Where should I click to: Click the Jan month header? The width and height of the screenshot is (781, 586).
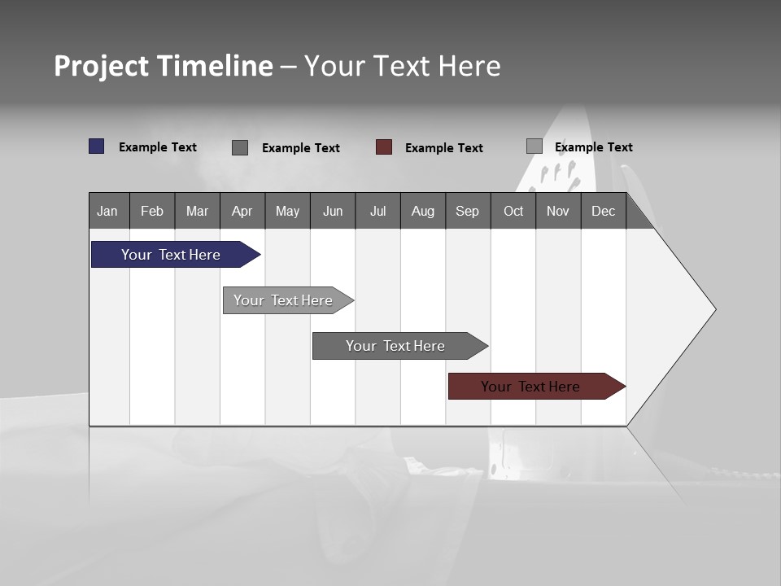click(x=108, y=211)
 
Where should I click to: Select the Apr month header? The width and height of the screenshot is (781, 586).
click(x=242, y=211)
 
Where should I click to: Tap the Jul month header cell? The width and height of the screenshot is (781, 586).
click(x=377, y=211)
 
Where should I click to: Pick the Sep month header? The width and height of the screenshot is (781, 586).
click(x=467, y=211)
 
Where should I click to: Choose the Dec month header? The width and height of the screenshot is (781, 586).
click(x=603, y=211)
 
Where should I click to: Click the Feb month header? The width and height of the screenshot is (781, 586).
click(x=152, y=211)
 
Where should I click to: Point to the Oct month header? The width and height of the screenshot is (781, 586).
click(x=513, y=211)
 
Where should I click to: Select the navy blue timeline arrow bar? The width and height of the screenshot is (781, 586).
click(x=172, y=255)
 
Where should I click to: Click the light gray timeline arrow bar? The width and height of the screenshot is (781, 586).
click(x=284, y=300)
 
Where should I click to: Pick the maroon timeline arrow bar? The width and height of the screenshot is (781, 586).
click(x=531, y=387)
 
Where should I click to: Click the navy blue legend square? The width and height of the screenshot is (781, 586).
click(x=97, y=146)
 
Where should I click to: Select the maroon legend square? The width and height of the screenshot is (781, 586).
click(x=384, y=147)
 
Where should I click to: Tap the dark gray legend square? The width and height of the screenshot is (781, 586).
click(x=240, y=147)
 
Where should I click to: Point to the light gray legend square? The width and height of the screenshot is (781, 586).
click(x=534, y=146)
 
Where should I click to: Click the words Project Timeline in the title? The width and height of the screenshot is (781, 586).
click(x=164, y=66)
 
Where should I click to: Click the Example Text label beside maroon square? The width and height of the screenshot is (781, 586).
click(x=443, y=148)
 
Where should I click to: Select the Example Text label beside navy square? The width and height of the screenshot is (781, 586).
click(x=157, y=147)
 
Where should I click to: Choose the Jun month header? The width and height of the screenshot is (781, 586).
click(x=333, y=211)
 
